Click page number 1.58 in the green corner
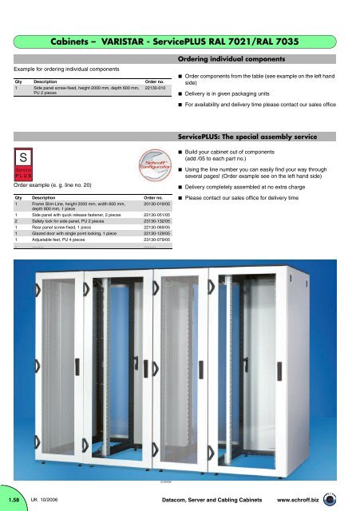(14, 499)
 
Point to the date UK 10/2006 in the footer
(47, 499)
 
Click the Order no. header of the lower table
(153, 196)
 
